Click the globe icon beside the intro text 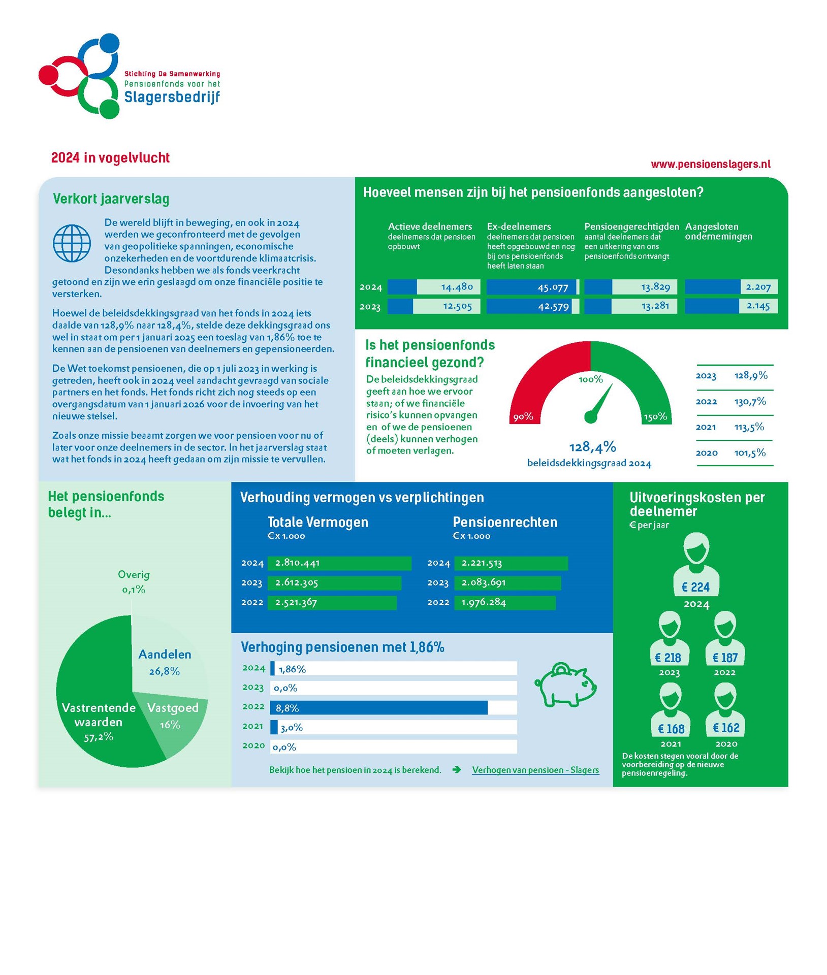pos(72,243)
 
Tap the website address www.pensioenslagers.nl pos(710,164)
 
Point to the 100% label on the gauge pos(590,379)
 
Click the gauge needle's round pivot pos(590,417)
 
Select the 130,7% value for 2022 pos(750,402)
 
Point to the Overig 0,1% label pos(134,582)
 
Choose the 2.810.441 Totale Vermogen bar pos(339,563)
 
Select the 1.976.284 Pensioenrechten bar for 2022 pos(504,603)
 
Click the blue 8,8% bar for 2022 pos(379,708)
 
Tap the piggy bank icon pos(565,685)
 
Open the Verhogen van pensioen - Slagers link pos(535,770)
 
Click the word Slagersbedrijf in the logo pos(172,96)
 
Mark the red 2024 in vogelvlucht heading pos(110,158)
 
